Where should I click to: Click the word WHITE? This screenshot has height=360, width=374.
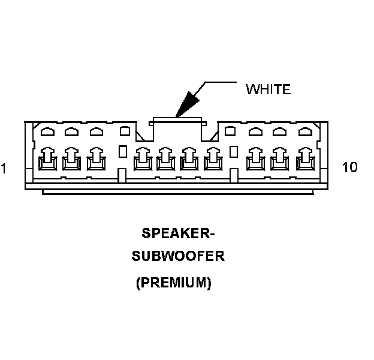[268, 89]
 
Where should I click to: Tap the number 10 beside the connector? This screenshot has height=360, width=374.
[350, 167]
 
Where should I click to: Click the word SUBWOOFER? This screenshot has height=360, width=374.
[177, 257]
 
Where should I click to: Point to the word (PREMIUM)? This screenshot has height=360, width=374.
[174, 283]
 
